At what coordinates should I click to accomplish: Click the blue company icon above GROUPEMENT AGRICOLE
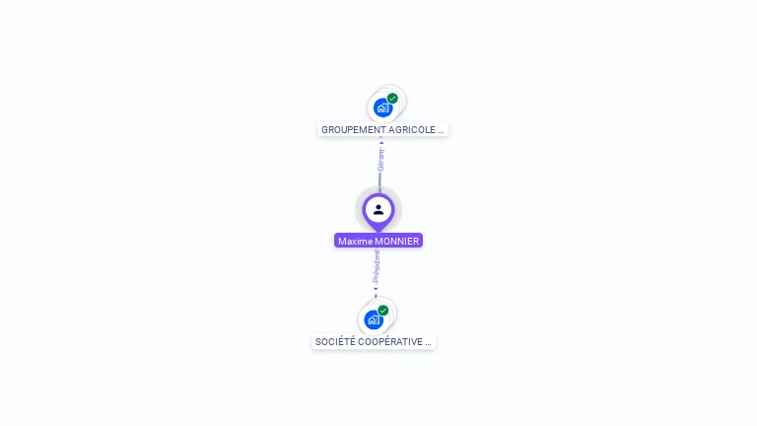pyautogui.click(x=383, y=107)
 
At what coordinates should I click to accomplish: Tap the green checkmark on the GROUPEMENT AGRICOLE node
pyautogui.click(x=392, y=99)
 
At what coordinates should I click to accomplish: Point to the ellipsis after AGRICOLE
pyautogui.click(x=441, y=129)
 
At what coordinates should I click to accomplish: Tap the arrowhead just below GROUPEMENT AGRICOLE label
pyautogui.click(x=381, y=142)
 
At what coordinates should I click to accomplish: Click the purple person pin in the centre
pyautogui.click(x=378, y=210)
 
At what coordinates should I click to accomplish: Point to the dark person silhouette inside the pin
pyautogui.click(x=378, y=209)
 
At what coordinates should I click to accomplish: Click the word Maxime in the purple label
pyautogui.click(x=354, y=241)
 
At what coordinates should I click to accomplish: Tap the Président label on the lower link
pyautogui.click(x=377, y=267)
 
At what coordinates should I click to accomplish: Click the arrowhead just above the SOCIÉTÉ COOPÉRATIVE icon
pyautogui.click(x=376, y=291)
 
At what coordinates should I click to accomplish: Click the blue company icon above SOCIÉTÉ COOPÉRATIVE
pyautogui.click(x=374, y=319)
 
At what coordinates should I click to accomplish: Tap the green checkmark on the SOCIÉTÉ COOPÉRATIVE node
pyautogui.click(x=383, y=311)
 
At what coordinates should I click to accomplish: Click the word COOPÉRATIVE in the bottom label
pyautogui.click(x=388, y=342)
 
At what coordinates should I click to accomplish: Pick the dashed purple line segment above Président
pyautogui.click(x=378, y=253)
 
